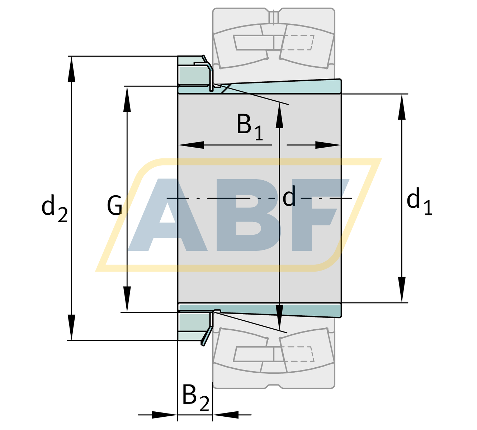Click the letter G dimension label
(115, 206)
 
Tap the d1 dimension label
(419, 202)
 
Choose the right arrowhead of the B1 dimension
(328, 145)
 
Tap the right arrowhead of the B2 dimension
(226, 415)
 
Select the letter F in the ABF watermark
(319, 215)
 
